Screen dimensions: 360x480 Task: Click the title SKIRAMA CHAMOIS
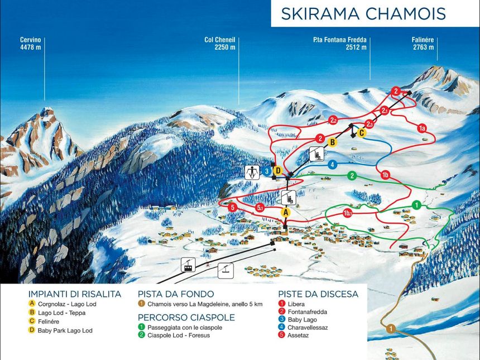363,13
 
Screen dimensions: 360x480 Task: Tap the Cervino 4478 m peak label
30,44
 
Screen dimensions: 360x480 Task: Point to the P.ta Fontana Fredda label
339,44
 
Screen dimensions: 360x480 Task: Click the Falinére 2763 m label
423,44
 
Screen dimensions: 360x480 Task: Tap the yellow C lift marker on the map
362,133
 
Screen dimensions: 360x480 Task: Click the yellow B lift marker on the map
332,142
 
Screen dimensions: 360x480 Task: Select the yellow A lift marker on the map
286,212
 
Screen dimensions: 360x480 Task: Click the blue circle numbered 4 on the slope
332,165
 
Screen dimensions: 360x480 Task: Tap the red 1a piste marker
423,128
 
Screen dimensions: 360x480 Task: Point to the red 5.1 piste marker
260,208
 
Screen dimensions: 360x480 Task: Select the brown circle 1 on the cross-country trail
391,329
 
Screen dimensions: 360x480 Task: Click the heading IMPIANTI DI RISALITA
74,294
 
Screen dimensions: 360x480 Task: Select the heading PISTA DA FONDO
176,294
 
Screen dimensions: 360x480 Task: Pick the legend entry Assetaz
301,336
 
